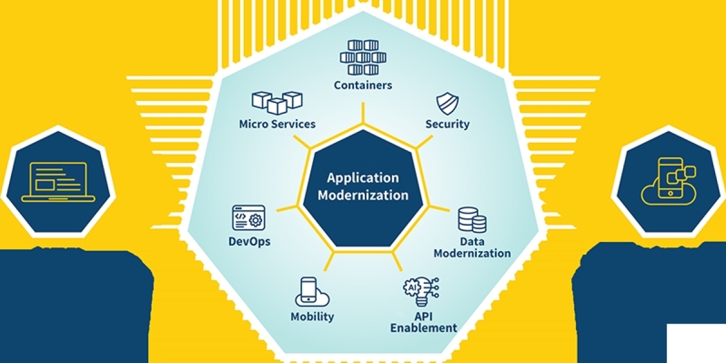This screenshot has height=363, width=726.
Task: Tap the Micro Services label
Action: click(277, 124)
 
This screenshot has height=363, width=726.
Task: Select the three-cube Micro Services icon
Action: click(276, 102)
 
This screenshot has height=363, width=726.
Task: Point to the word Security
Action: click(447, 124)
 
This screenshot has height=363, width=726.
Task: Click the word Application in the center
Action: click(363, 178)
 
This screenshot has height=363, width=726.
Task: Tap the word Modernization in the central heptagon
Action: click(363, 195)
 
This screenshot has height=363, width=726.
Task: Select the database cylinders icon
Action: click(472, 220)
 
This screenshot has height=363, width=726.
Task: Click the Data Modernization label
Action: click(472, 247)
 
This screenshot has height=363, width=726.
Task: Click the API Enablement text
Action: click(423, 322)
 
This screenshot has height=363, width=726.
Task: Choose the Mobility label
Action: click(312, 316)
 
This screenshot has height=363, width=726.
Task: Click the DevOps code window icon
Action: click(248, 217)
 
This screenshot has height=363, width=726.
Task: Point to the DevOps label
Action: click(249, 241)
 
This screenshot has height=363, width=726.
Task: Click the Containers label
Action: click(363, 85)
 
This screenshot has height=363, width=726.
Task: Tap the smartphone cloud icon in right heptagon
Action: click(668, 181)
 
